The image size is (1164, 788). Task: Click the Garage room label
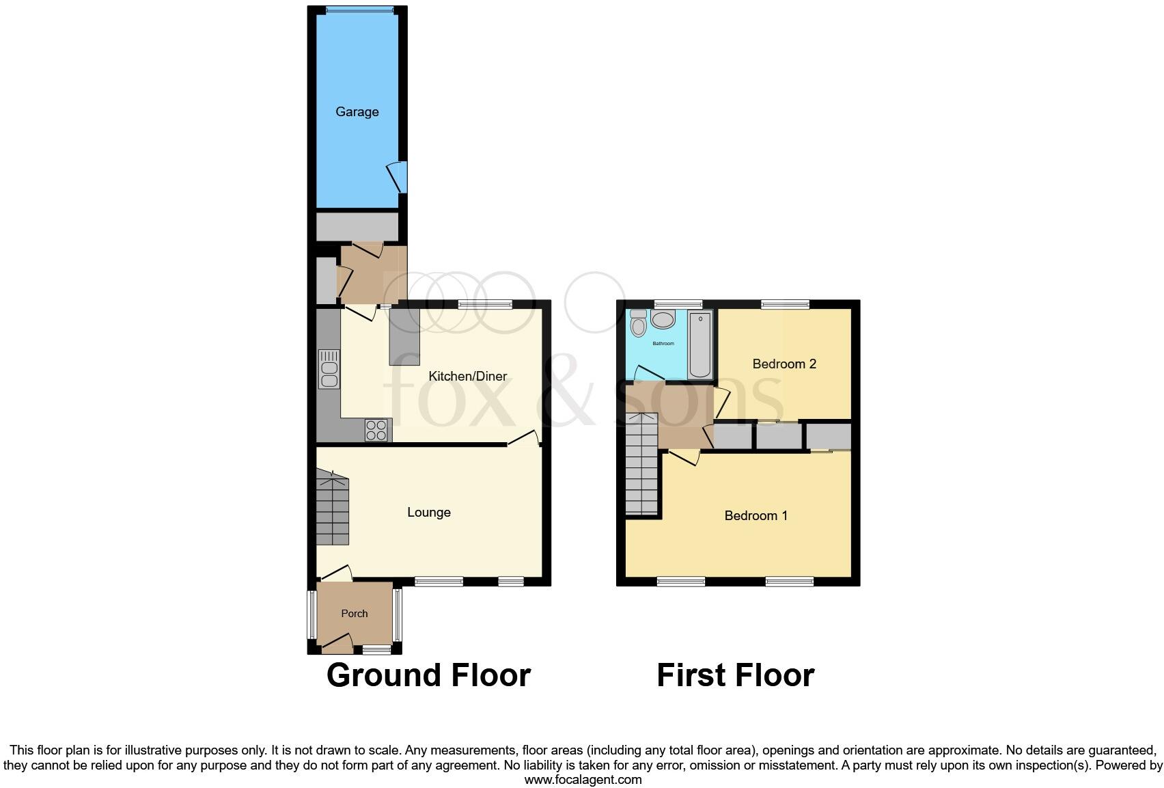click(x=357, y=111)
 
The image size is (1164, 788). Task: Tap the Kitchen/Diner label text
click(x=467, y=376)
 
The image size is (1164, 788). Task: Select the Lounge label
click(x=428, y=512)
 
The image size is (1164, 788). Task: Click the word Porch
click(x=354, y=613)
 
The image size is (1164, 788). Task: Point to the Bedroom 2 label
click(x=784, y=364)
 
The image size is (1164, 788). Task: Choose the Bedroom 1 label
click(x=756, y=515)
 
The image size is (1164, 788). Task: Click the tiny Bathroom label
click(x=663, y=343)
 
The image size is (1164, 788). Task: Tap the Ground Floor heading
click(x=428, y=675)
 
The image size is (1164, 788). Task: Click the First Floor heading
click(x=735, y=675)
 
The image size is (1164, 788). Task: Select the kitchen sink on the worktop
click(x=329, y=370)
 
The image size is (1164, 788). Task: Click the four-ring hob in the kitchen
click(x=376, y=430)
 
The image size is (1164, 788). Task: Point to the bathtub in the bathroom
click(x=700, y=344)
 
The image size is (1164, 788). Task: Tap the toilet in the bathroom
click(x=639, y=323)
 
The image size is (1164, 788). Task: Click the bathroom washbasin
click(x=663, y=319)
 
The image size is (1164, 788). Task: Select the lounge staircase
click(x=333, y=509)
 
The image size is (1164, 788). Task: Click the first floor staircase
click(x=641, y=465)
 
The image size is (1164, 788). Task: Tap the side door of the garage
click(x=397, y=177)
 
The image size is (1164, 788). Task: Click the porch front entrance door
click(x=336, y=642)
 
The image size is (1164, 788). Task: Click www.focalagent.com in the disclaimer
click(x=583, y=779)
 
